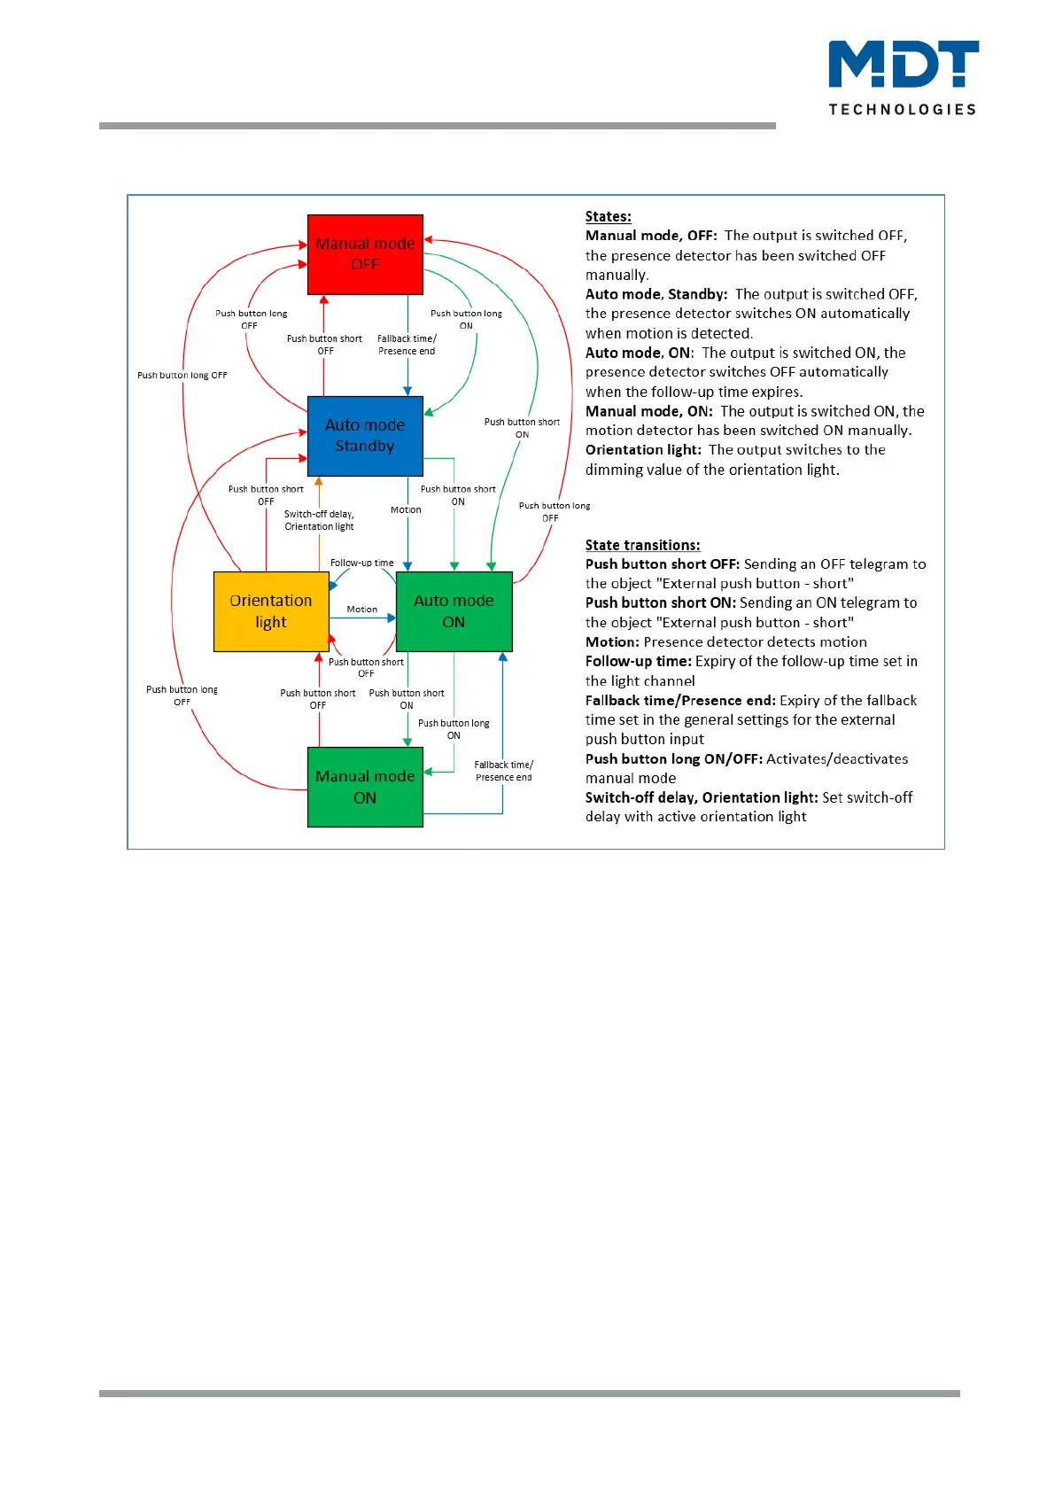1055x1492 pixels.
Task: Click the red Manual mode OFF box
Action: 365,254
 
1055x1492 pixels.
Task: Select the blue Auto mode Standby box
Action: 365,436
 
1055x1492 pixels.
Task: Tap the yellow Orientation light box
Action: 271,611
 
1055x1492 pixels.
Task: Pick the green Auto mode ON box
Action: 454,611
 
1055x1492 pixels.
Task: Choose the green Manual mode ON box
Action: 365,787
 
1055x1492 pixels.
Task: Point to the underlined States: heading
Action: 608,216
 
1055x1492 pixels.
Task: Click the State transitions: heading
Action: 642,545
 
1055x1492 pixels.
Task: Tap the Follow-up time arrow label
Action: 361,563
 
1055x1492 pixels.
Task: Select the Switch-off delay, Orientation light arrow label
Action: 319,520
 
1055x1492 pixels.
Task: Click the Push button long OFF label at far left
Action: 182,375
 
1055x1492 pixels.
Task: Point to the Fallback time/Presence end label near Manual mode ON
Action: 503,771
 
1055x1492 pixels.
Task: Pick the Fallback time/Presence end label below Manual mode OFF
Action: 407,345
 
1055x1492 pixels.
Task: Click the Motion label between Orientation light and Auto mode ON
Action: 361,610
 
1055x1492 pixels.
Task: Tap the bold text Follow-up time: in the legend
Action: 638,661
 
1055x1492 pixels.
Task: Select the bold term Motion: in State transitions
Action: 612,641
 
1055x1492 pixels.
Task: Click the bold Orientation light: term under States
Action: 643,450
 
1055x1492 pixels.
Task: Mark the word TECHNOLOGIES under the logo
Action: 902,109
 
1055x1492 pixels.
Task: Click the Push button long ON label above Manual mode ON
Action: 454,729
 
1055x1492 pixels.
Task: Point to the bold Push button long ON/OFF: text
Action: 673,759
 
